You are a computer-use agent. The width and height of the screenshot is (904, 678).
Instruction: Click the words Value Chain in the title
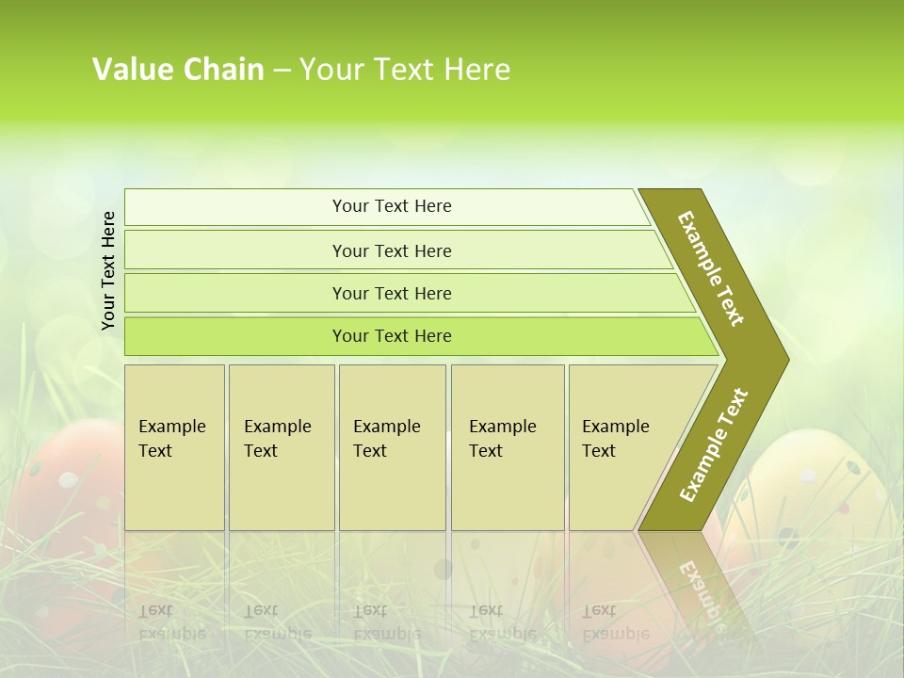tap(178, 70)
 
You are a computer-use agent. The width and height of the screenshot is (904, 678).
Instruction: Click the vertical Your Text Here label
tap(109, 270)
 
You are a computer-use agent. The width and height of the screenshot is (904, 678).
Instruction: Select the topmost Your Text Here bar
tap(392, 206)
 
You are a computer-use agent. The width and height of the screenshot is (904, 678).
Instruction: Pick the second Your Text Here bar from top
tap(392, 250)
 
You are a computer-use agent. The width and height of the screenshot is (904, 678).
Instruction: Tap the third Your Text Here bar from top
tap(392, 293)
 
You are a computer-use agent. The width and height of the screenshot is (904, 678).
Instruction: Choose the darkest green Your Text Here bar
tap(392, 336)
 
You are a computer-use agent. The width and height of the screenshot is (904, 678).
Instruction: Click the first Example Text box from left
tap(174, 447)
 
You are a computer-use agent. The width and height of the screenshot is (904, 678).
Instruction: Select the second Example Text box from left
tap(282, 447)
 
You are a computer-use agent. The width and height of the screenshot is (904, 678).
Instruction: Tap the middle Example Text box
tap(392, 447)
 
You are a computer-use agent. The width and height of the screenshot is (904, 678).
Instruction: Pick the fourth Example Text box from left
tap(508, 447)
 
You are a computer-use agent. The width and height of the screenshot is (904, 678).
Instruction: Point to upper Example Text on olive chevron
tap(711, 268)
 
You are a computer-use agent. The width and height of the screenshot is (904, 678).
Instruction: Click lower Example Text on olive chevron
tap(714, 444)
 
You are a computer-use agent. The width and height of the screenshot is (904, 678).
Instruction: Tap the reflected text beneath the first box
tap(171, 621)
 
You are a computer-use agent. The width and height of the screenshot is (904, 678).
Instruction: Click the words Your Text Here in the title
tap(405, 70)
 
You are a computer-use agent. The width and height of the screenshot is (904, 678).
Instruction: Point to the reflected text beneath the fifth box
tap(614, 621)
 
